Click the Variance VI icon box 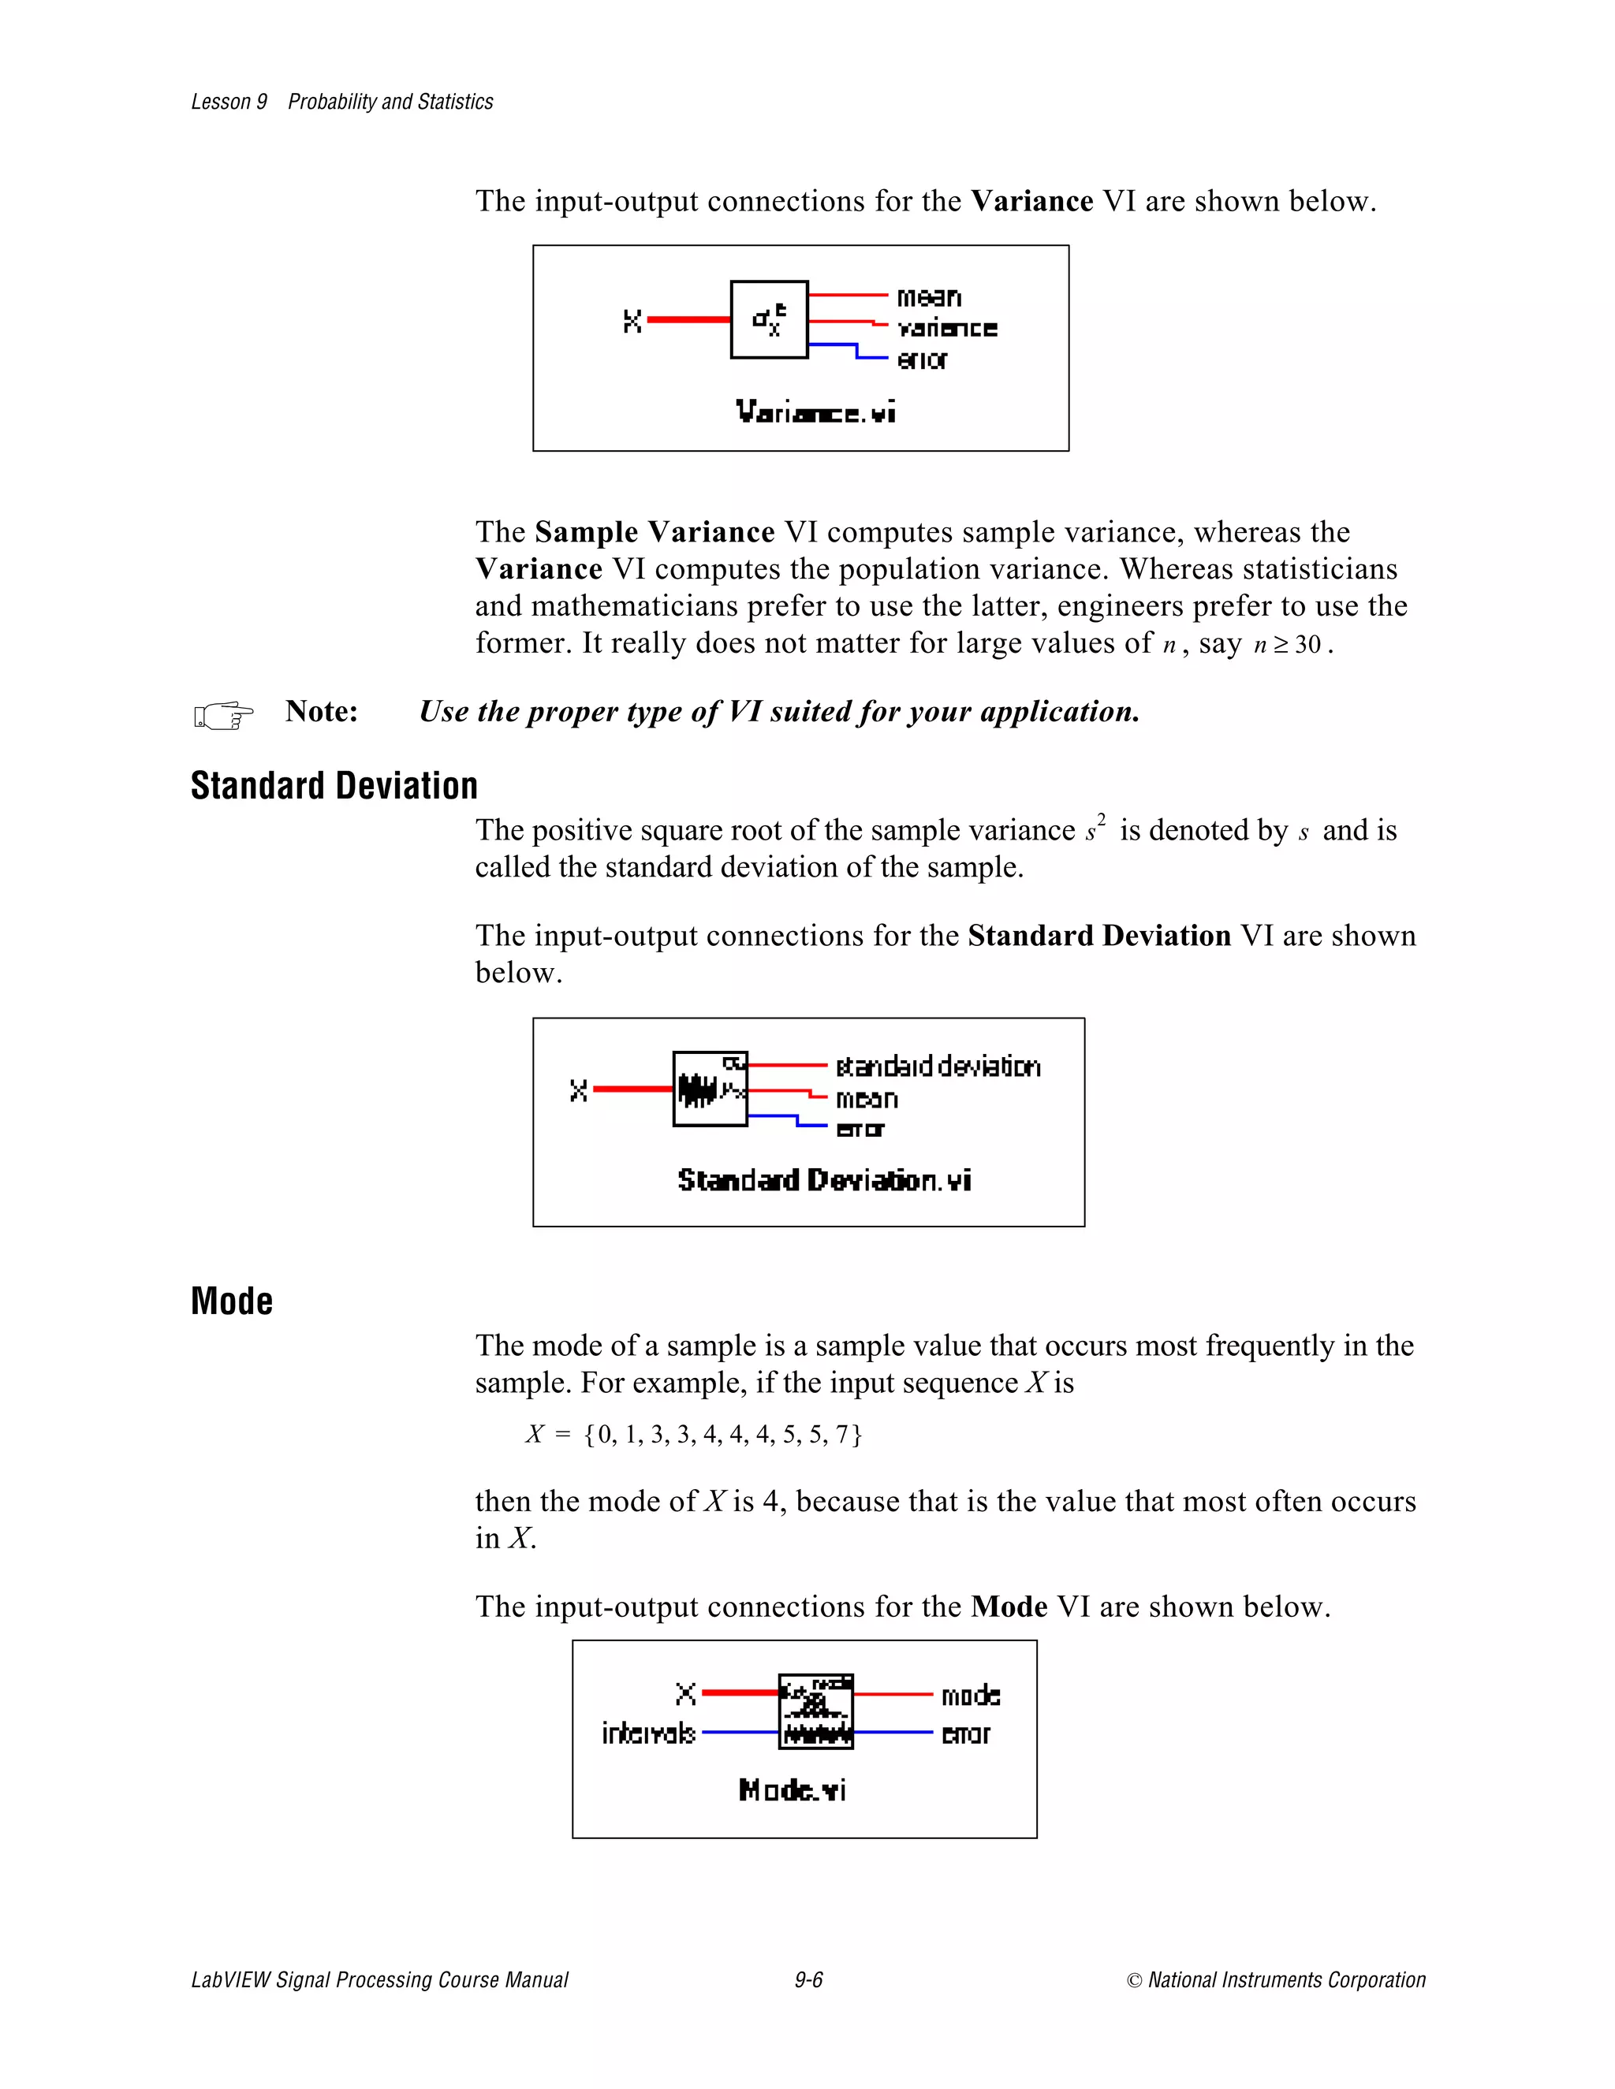(x=768, y=319)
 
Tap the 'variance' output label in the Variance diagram (x=946, y=328)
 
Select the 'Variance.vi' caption (x=815, y=412)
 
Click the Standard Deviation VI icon (x=710, y=1089)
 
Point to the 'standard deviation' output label (x=938, y=1066)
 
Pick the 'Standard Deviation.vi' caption (x=824, y=1179)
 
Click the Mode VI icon (x=815, y=1711)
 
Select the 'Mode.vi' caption (x=793, y=1789)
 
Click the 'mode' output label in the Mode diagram (x=970, y=1696)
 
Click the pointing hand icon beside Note (x=223, y=714)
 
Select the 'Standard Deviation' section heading (x=334, y=785)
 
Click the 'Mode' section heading (x=232, y=1301)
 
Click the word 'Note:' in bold (x=322, y=711)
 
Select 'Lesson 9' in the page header (x=229, y=102)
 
